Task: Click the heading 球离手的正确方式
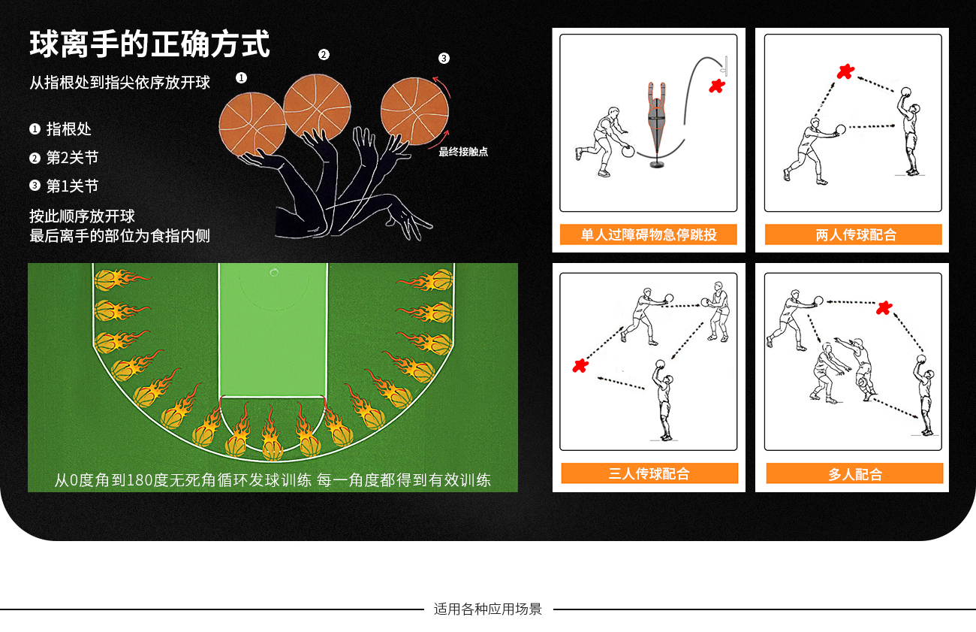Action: tap(149, 44)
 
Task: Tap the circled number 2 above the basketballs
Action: tap(324, 55)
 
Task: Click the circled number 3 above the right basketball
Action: tap(444, 59)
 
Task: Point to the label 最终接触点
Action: tap(463, 152)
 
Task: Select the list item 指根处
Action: tap(61, 129)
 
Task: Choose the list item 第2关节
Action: tap(64, 158)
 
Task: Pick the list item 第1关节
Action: tap(64, 186)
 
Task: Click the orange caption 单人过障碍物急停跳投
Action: tap(649, 234)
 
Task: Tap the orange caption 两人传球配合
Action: tap(854, 234)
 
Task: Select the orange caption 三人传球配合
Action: tap(649, 473)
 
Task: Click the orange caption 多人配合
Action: tap(854, 473)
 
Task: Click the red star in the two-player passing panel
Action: tap(845, 71)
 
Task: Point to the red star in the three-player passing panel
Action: tap(580, 365)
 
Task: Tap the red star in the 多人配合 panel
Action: tap(884, 308)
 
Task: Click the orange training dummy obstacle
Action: tap(657, 124)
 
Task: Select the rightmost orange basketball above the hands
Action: tap(414, 110)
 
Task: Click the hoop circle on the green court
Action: tap(274, 273)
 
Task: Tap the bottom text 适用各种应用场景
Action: tap(487, 609)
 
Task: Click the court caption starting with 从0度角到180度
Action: tap(273, 479)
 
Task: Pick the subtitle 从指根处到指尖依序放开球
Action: tap(120, 83)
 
